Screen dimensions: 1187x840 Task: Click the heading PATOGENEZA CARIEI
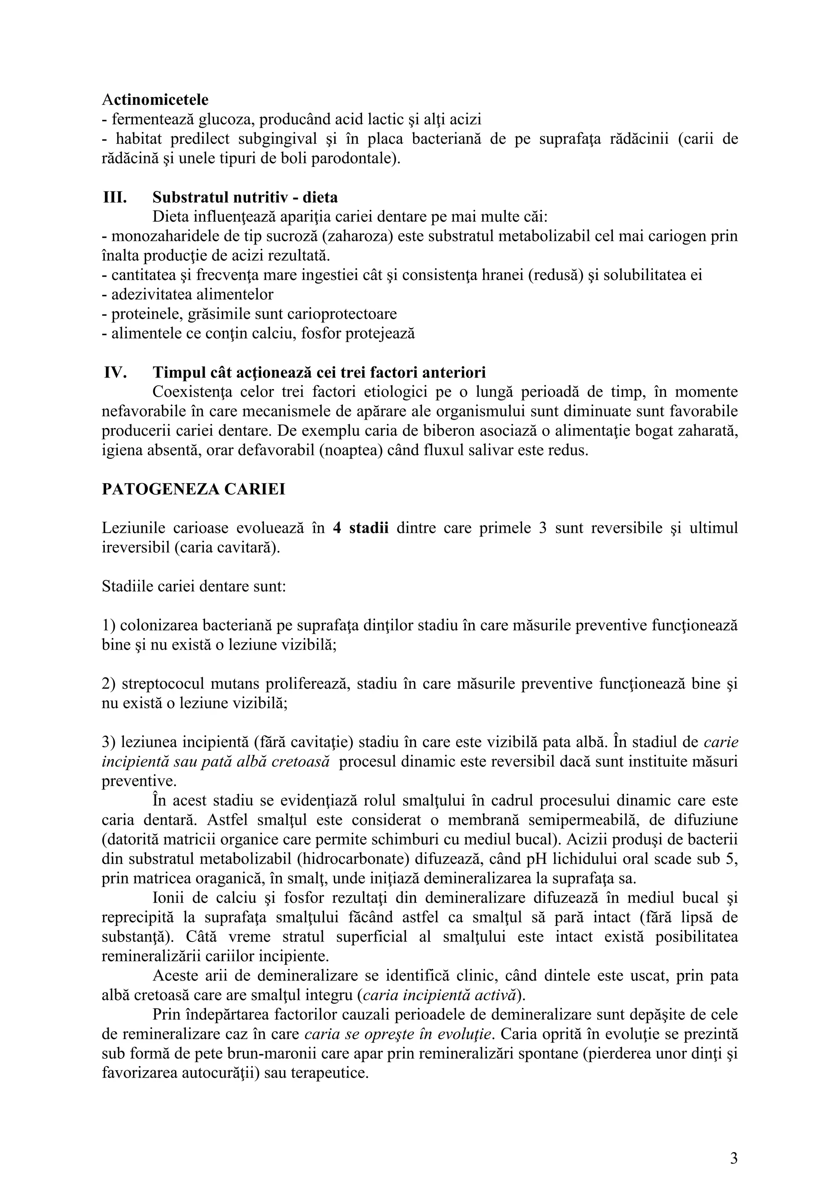point(194,489)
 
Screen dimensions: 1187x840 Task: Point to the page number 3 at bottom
point(733,1144)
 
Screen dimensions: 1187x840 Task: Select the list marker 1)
point(109,625)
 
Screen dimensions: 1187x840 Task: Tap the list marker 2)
point(109,684)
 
